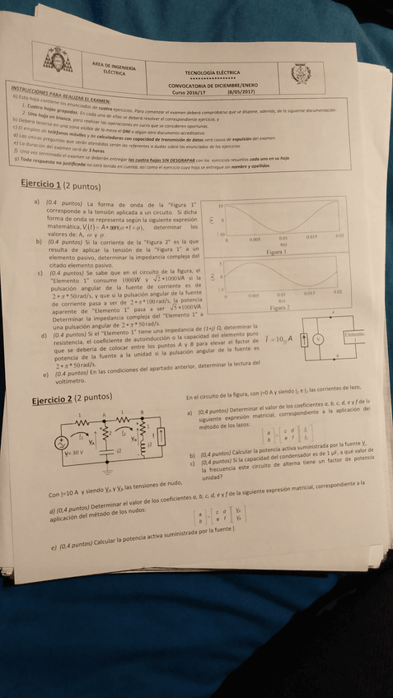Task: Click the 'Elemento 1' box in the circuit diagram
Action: click(x=354, y=335)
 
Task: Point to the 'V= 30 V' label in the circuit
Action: click(x=75, y=453)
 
